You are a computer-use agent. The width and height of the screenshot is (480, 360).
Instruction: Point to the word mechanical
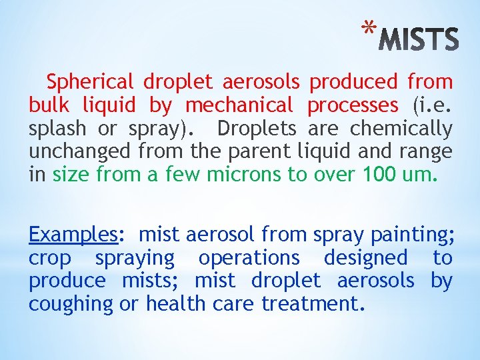click(239, 105)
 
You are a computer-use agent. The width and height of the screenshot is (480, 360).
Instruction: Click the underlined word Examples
click(73, 235)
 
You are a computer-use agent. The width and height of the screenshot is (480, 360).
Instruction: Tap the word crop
click(50, 258)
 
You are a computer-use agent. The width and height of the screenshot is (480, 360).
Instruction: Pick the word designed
click(365, 258)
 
